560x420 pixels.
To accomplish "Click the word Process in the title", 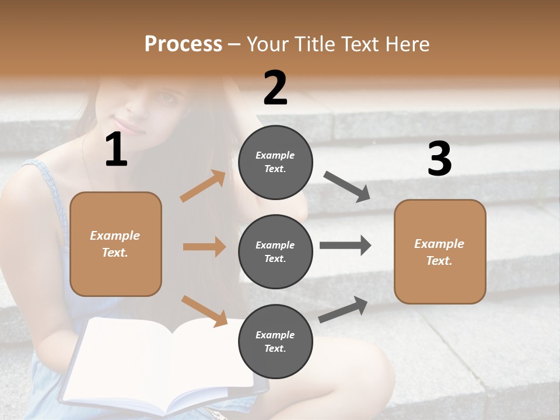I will pos(183,44).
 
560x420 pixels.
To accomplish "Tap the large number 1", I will pos(116,150).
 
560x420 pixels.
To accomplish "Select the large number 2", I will pos(275,88).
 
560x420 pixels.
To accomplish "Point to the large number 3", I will pos(439,159).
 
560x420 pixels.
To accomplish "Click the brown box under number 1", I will pos(116,244).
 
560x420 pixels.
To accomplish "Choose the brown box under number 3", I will pos(440,251).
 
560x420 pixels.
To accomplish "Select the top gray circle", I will pos(275,162).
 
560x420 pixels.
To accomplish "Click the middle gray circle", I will pos(275,251).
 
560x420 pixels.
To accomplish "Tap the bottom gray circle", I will pos(275,341).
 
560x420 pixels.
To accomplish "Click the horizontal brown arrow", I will pos(204,247).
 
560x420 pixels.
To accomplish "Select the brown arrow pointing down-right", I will pos(204,310).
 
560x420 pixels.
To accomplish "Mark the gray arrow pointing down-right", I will pos(346,187).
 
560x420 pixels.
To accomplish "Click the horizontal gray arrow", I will pos(345,246).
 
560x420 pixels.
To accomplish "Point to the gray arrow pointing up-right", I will pos(344,309).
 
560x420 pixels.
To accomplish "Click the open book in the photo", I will pos(163,362).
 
